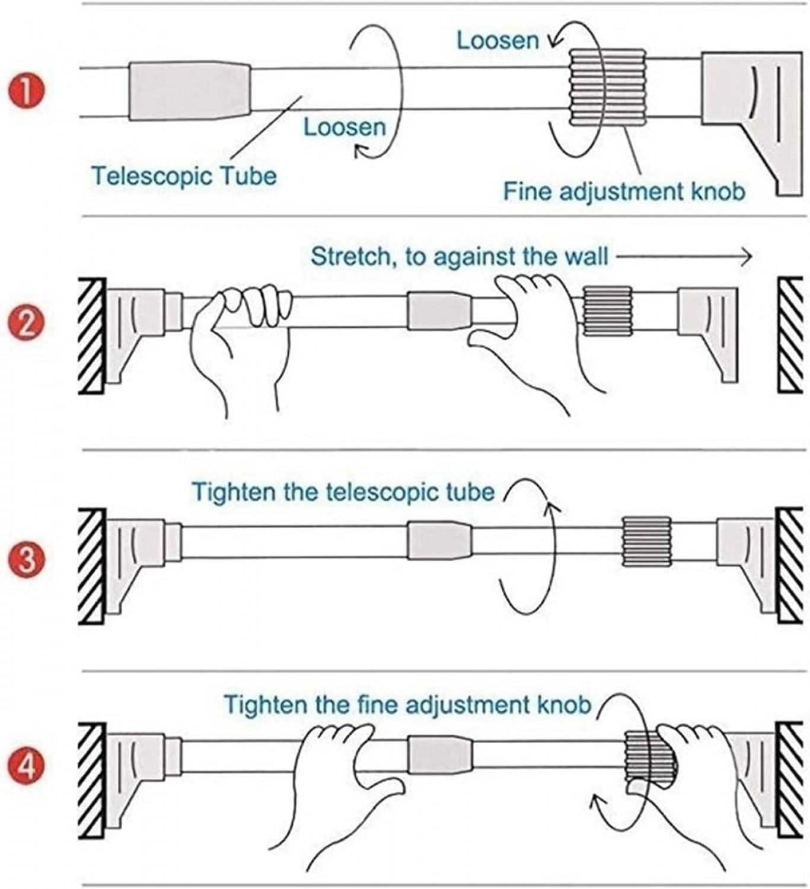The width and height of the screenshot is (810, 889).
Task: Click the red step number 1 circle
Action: point(27,94)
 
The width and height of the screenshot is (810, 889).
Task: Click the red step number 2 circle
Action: point(27,325)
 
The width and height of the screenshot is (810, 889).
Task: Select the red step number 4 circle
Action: point(27,768)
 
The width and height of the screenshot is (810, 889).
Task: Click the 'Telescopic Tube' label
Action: point(184,176)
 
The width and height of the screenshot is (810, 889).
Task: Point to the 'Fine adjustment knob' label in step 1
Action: point(624,191)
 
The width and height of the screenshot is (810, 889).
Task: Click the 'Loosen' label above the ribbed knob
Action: point(498,40)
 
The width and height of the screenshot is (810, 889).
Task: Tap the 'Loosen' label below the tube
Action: point(344,127)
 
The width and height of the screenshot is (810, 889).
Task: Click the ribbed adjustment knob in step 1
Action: point(607,88)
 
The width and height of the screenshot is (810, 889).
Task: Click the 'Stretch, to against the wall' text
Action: point(460,257)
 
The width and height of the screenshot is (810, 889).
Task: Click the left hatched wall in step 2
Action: point(92,336)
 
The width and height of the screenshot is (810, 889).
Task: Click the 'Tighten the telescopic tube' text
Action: point(343,492)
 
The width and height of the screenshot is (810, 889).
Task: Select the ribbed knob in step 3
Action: point(646,541)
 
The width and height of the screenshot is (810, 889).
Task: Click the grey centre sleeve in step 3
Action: point(439,541)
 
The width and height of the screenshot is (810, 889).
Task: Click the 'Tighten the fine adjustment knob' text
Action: point(407,705)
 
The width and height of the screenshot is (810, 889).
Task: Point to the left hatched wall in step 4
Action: point(92,780)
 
